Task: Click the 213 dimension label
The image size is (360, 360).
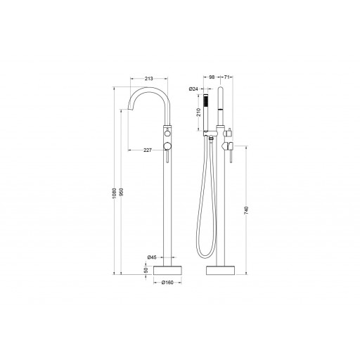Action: click(149, 79)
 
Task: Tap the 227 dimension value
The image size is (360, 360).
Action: click(148, 150)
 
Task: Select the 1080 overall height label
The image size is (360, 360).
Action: click(114, 193)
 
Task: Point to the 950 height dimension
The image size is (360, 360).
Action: click(122, 193)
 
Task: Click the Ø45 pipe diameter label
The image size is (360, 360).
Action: click(152, 257)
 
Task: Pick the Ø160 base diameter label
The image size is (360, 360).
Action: click(167, 283)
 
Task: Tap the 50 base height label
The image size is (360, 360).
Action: click(146, 270)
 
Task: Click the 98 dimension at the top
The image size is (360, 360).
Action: click(212, 77)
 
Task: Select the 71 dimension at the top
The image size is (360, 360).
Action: click(226, 77)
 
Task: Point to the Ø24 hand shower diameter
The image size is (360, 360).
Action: click(193, 89)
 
